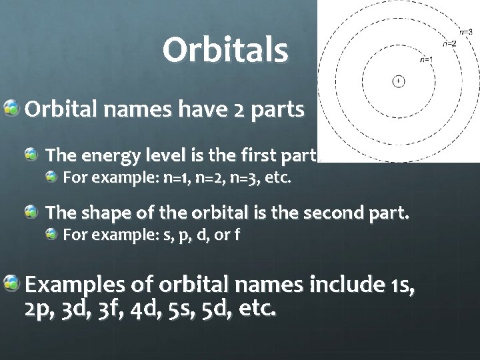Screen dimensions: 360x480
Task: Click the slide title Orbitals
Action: click(x=225, y=50)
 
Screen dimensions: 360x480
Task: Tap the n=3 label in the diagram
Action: click(x=466, y=31)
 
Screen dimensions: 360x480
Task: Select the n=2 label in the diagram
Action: click(x=450, y=44)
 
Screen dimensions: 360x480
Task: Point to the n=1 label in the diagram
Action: click(x=427, y=59)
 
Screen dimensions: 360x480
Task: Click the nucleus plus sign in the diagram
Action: click(x=398, y=81)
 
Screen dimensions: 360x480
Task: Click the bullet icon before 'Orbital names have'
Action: click(x=12, y=107)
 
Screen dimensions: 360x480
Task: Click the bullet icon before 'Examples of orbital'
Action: click(x=12, y=285)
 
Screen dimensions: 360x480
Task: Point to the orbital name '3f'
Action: click(x=118, y=309)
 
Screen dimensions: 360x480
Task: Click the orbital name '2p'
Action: click(x=39, y=309)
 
